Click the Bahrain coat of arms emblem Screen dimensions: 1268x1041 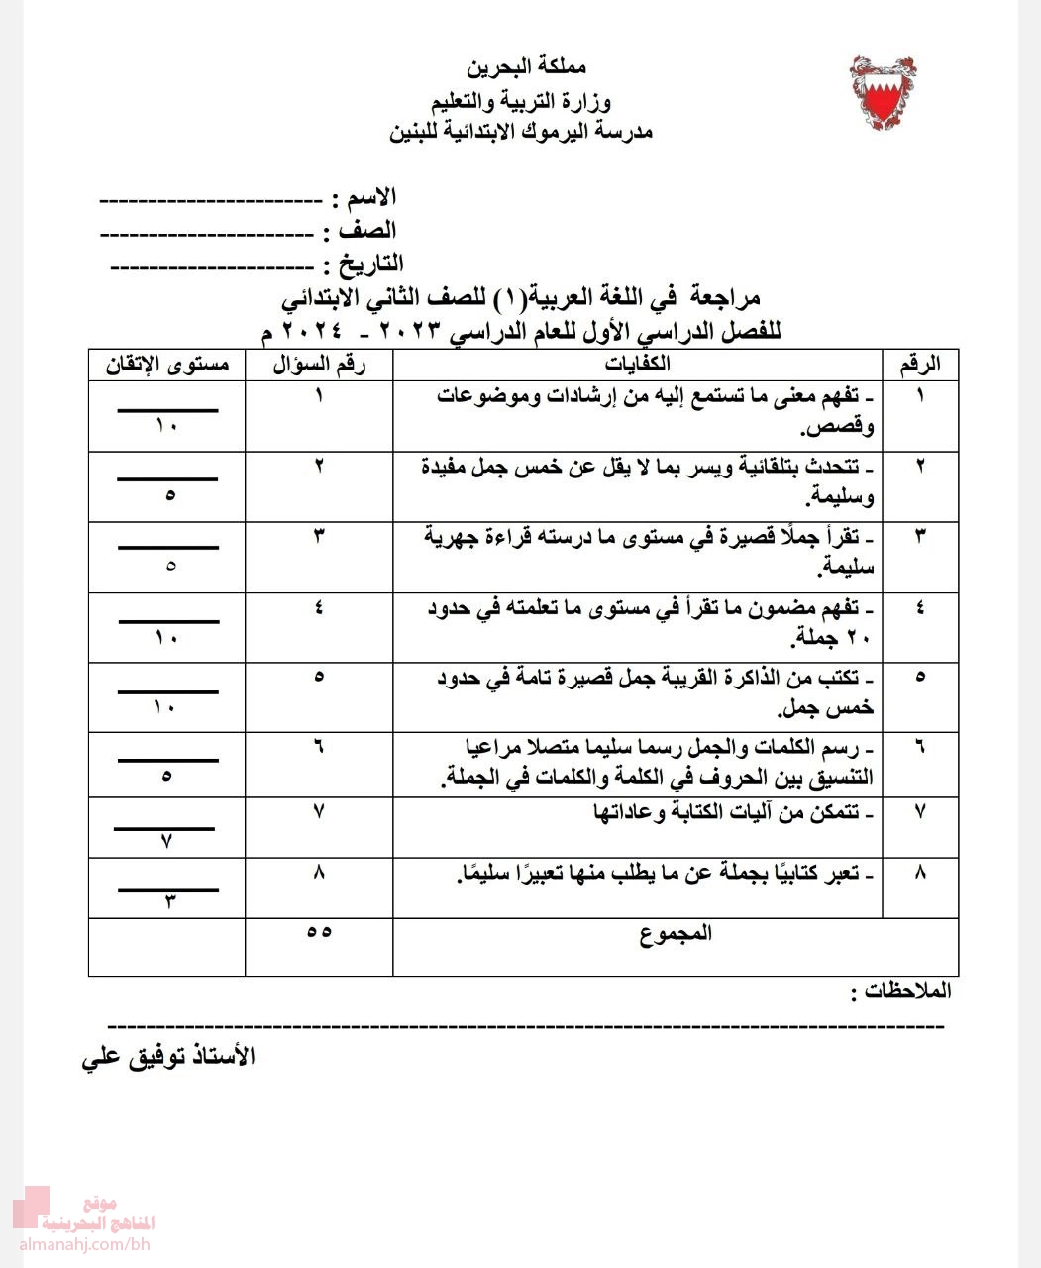[883, 93]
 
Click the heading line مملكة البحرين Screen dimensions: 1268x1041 [526, 69]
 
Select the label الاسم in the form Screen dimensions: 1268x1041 [368, 197]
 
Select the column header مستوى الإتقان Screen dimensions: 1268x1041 [167, 364]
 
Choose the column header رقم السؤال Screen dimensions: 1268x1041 [319, 364]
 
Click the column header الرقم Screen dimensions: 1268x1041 [920, 364]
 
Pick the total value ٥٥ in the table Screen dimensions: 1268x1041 [319, 933]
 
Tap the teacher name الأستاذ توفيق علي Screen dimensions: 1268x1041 [168, 1056]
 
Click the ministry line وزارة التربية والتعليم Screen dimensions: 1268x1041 [521, 101]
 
